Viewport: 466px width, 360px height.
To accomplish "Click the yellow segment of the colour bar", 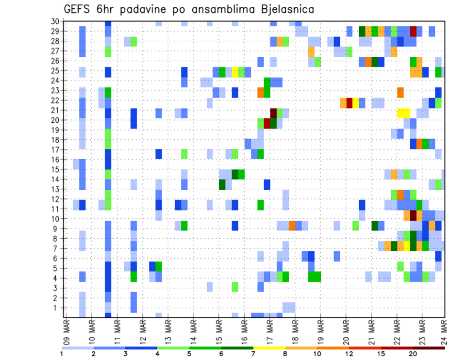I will coord(269,347).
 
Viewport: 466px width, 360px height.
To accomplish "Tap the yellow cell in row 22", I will coord(355,102).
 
